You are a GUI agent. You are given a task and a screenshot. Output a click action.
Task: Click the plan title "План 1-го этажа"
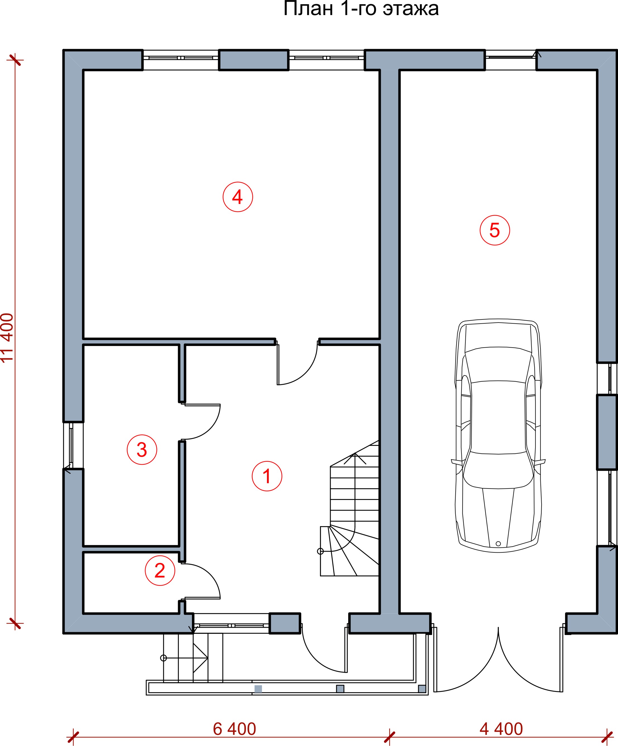click(x=361, y=9)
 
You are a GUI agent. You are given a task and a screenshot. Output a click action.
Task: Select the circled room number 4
click(x=238, y=197)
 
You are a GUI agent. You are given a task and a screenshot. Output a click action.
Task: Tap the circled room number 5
click(x=495, y=230)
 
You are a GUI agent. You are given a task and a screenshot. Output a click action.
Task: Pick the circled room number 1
click(x=267, y=476)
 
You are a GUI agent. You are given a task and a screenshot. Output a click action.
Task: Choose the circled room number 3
click(x=142, y=450)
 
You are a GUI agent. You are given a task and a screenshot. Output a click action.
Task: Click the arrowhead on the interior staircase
click(x=355, y=458)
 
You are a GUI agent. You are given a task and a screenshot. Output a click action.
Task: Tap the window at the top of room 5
click(x=511, y=60)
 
